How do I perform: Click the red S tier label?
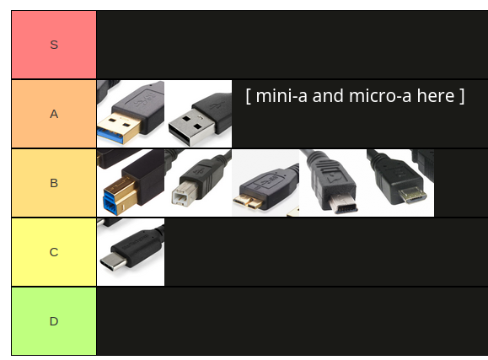pyautogui.click(x=54, y=45)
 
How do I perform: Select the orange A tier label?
pyautogui.click(x=54, y=114)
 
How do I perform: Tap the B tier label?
pyautogui.click(x=54, y=183)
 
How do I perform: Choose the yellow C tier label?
pyautogui.click(x=54, y=252)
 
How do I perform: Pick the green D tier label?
pyautogui.click(x=54, y=321)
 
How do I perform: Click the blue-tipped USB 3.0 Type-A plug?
pyautogui.click(x=131, y=114)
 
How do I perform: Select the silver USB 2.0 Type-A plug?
pyautogui.click(x=198, y=114)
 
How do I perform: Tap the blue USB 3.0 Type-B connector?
pyautogui.click(x=131, y=183)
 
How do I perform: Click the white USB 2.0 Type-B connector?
pyautogui.click(x=198, y=183)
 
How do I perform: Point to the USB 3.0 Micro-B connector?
pyautogui.click(x=265, y=183)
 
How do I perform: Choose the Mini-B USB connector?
pyautogui.click(x=333, y=183)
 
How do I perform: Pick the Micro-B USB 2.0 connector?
pyautogui.click(x=400, y=183)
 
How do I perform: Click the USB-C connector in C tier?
pyautogui.click(x=131, y=252)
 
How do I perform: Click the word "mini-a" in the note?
pyautogui.click(x=282, y=96)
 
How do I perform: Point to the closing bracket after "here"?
pyautogui.click(x=462, y=96)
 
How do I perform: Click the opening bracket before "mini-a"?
pyautogui.click(x=249, y=96)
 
